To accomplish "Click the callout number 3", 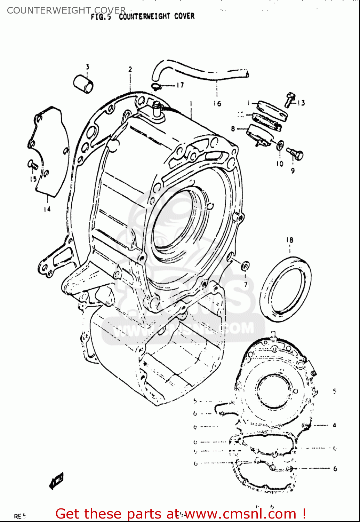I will click(87, 66).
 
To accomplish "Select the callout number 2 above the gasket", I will click(130, 69).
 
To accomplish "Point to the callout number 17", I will click(180, 85).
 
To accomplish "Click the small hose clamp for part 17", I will click(155, 86).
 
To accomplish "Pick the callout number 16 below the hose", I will click(217, 103).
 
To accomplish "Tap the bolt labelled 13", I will click(290, 100).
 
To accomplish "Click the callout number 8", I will click(233, 129).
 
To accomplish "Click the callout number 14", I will click(47, 209).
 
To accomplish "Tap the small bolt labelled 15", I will click(32, 164).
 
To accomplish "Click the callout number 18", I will click(290, 240).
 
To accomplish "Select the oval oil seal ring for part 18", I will click(286, 289).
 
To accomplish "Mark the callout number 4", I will click(334, 425).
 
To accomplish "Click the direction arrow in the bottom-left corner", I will click(56, 481).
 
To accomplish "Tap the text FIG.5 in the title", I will click(101, 17).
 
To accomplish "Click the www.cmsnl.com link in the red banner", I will click(240, 514).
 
